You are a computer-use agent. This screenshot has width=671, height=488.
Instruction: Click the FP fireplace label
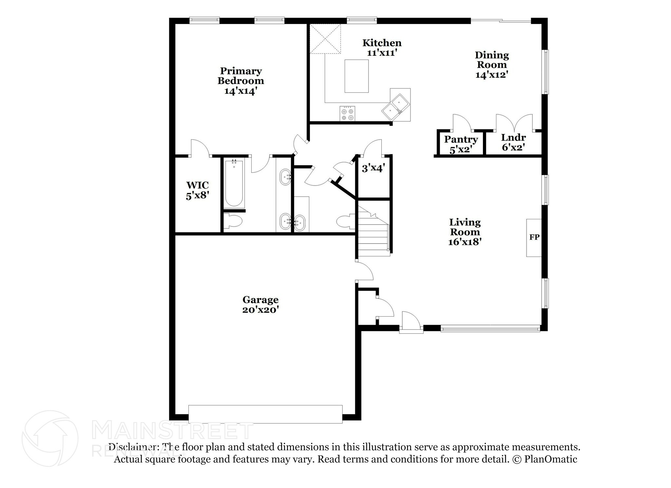[534, 237]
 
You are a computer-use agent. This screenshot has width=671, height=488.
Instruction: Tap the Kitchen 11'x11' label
[382, 48]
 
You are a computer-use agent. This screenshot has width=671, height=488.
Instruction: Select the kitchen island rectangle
[356, 76]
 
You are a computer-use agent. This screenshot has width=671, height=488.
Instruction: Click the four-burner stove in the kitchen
[347, 114]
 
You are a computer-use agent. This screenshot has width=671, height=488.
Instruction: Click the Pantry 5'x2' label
[461, 144]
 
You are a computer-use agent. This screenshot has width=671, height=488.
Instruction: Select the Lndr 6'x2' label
[513, 143]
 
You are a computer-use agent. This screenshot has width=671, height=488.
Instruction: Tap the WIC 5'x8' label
[197, 190]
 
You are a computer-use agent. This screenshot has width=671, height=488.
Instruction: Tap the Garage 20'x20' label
[260, 304]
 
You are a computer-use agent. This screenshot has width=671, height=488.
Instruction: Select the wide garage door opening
[265, 414]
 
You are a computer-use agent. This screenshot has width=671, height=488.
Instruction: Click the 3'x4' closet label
[373, 168]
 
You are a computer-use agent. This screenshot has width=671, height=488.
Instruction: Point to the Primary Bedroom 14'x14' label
[240, 81]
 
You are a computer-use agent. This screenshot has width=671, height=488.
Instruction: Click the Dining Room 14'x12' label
[491, 65]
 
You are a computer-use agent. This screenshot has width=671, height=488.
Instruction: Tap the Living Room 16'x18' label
[465, 232]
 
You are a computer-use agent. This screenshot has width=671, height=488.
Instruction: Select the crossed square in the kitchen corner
[325, 39]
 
